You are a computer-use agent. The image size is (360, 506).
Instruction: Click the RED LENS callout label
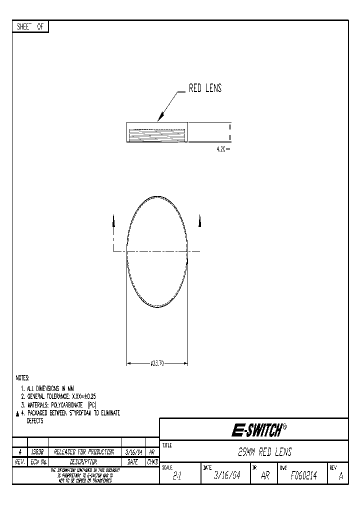[205, 89]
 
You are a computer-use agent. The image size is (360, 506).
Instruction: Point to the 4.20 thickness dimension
[220, 149]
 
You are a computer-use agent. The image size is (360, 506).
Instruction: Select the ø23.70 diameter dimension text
[157, 363]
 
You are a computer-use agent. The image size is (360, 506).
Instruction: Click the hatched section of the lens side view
[157, 135]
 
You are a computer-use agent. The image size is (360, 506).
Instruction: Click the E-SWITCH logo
[258, 429]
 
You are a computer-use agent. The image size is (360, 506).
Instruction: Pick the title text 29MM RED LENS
[264, 452]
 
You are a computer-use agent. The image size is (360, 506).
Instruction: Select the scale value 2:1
[176, 477]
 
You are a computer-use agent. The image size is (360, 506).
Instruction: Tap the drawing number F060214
[303, 476]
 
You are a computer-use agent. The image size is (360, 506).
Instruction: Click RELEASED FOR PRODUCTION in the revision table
[84, 452]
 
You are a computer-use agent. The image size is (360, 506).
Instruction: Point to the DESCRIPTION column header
[83, 462]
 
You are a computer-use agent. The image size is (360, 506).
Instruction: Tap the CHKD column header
[152, 462]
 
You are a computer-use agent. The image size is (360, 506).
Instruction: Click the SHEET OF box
[30, 27]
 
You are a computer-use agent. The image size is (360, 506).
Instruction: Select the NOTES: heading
[23, 378]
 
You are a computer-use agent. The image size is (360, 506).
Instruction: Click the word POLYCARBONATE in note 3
[67, 404]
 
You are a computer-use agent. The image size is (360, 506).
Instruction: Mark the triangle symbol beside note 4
[17, 413]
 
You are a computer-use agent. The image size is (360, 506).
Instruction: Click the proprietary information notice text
[81, 476]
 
